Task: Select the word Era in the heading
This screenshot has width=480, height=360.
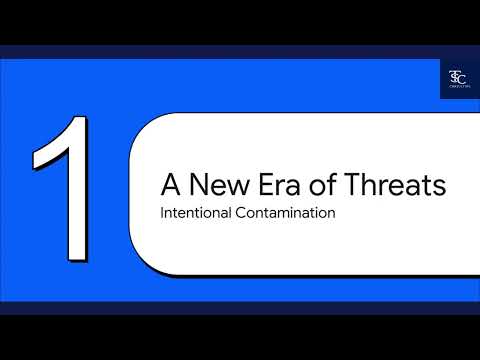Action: (269, 186)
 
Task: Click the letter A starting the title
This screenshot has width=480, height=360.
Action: (171, 186)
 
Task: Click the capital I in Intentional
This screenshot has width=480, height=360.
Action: (162, 214)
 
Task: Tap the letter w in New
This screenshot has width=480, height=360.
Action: (225, 188)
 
